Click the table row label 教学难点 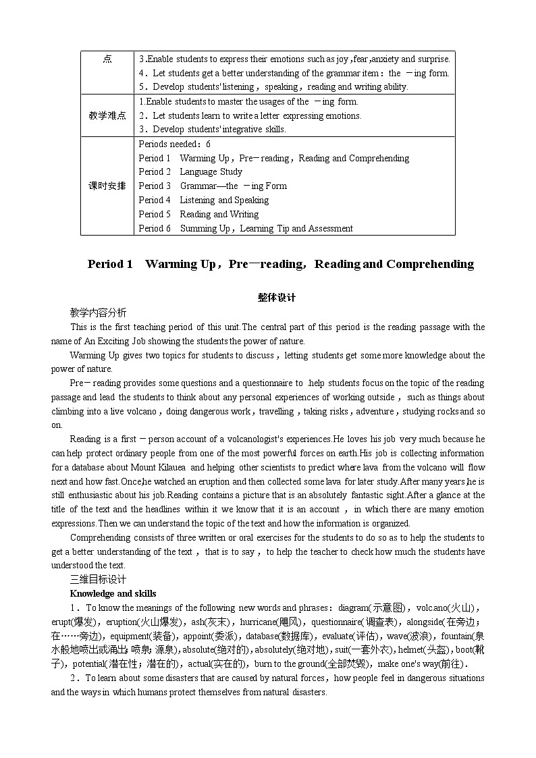(x=107, y=115)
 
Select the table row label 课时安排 (x=107, y=186)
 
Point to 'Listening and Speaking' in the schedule (x=224, y=200)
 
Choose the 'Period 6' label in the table (x=155, y=229)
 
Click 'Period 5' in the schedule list (x=155, y=215)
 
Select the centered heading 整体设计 (x=267, y=298)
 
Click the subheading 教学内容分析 (x=98, y=313)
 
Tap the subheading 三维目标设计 (x=98, y=579)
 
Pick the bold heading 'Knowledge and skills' (x=113, y=593)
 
